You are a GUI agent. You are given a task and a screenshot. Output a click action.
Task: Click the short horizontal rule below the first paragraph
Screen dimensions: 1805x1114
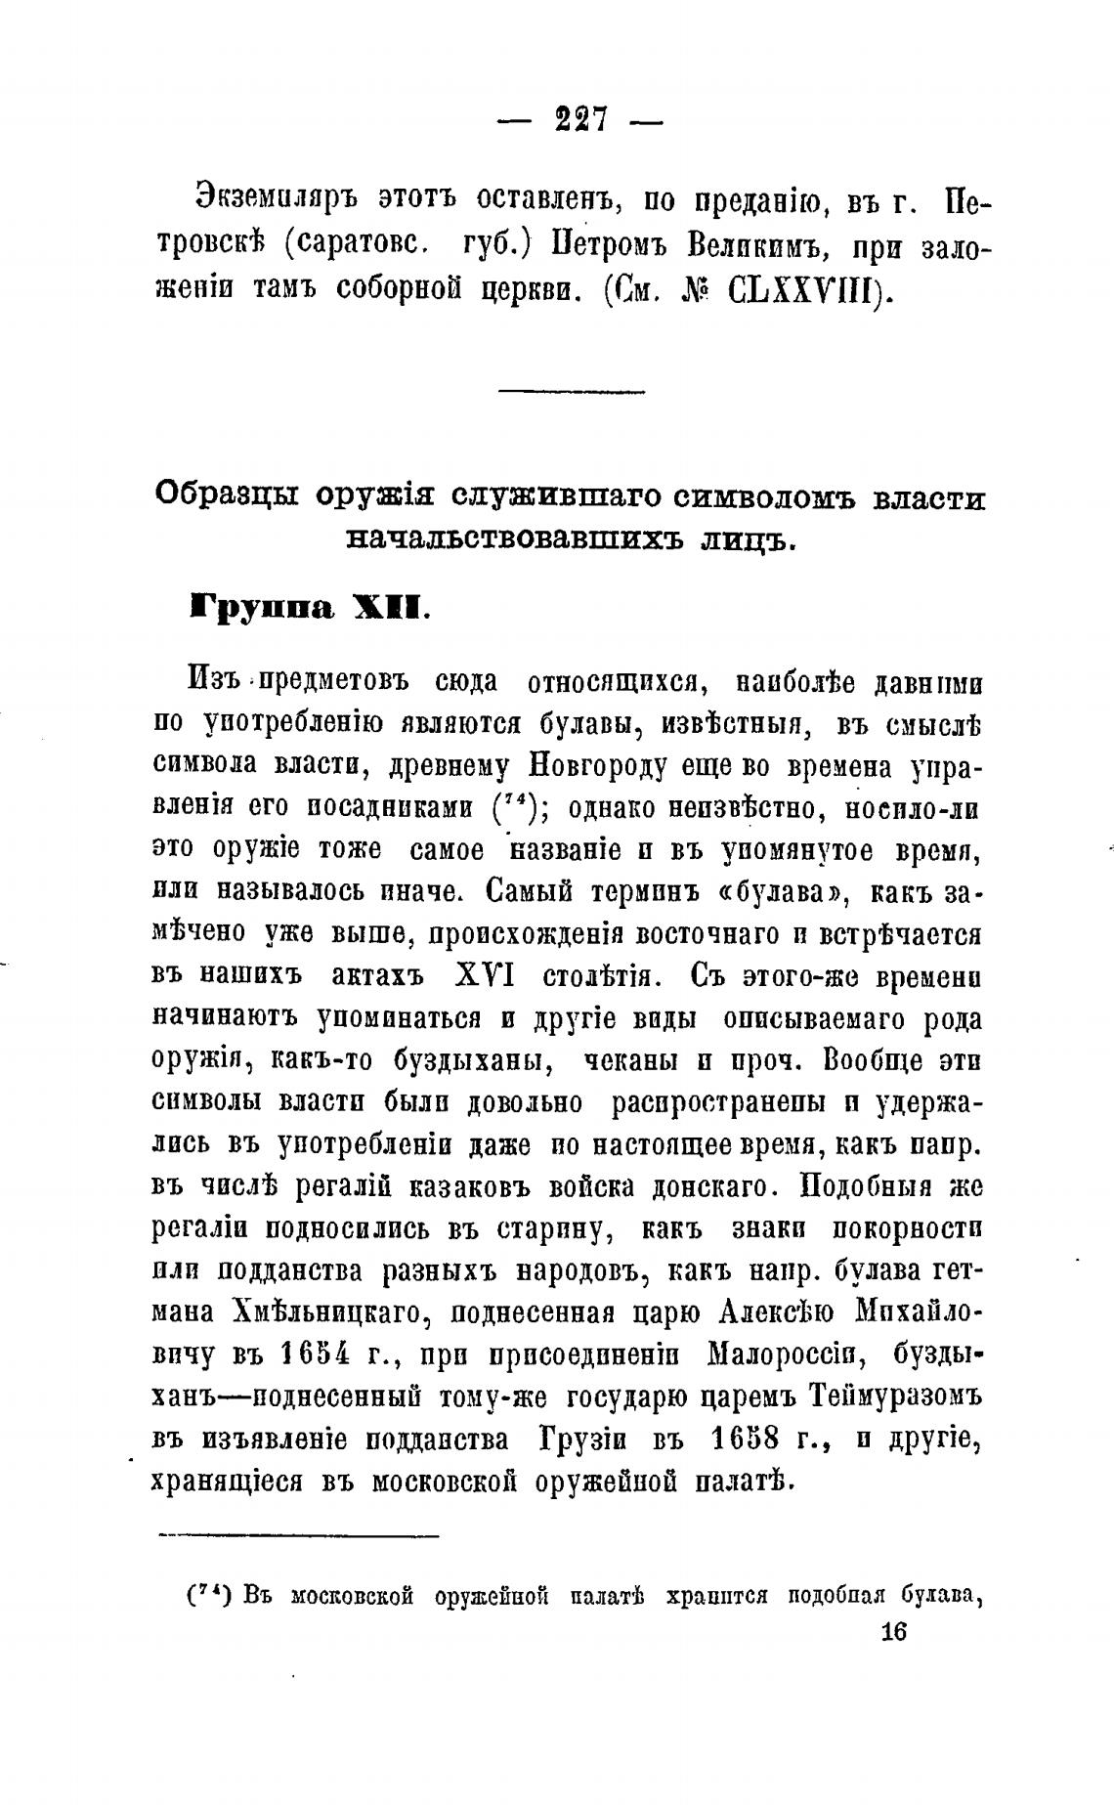(572, 392)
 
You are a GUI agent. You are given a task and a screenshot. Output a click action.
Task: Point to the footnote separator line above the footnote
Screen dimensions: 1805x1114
(298, 1535)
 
